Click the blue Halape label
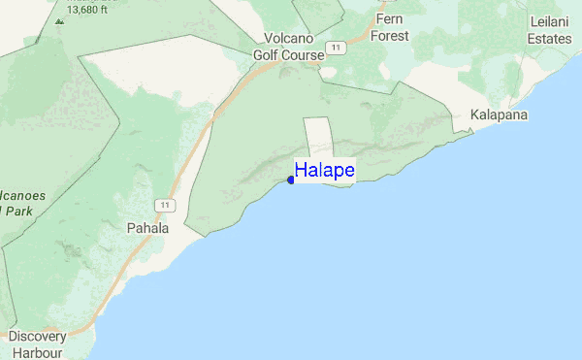(x=324, y=171)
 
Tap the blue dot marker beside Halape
(x=291, y=180)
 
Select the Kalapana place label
(x=499, y=115)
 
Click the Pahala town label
(x=147, y=229)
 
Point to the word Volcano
(x=288, y=39)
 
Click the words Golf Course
(x=289, y=55)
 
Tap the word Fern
(x=389, y=19)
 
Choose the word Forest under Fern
(x=389, y=36)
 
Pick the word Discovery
(x=37, y=336)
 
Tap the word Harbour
(x=37, y=352)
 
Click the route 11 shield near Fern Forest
(x=336, y=48)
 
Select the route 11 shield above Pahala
(x=166, y=205)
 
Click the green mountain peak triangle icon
(x=59, y=19)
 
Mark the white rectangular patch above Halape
(x=318, y=136)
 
